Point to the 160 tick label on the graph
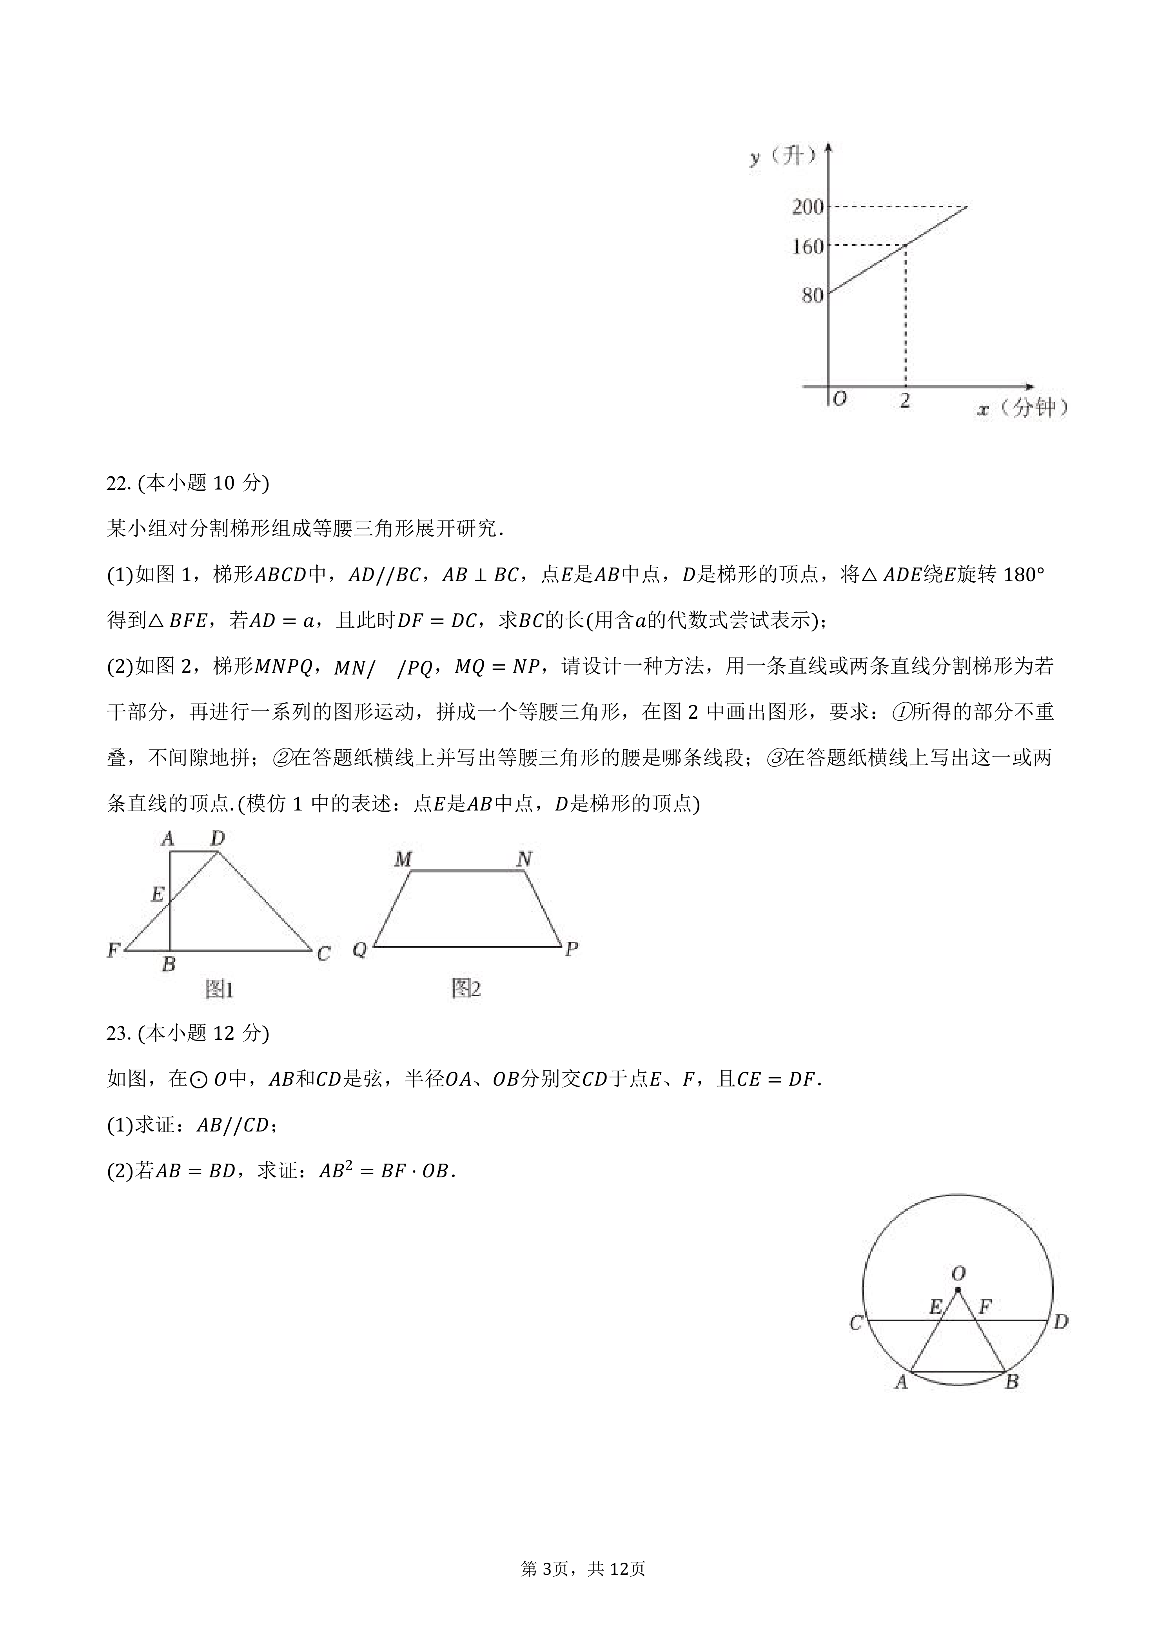pos(807,247)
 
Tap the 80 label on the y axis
pos(812,295)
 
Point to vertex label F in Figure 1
pos(113,951)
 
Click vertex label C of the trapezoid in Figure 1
pos(323,954)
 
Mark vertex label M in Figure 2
pos(403,859)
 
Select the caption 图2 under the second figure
pos(466,989)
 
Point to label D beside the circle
pos(1061,1321)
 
